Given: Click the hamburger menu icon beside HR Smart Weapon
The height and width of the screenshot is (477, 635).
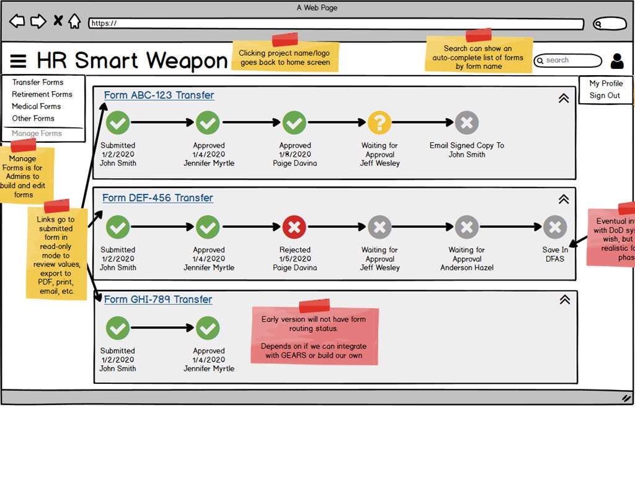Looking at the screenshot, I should [x=19, y=61].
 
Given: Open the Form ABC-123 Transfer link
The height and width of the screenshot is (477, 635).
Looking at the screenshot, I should [x=159, y=95].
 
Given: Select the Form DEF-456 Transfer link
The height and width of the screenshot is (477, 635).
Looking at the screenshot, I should [x=158, y=198].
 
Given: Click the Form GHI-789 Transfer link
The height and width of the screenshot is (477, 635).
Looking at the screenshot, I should [x=158, y=299].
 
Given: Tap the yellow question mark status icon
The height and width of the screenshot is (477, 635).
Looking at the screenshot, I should [x=380, y=122].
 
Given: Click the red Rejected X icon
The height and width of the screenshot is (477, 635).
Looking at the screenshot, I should [x=295, y=227].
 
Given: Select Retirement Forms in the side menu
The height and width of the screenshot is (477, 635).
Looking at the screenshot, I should [x=42, y=94].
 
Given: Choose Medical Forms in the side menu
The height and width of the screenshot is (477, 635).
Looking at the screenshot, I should [x=37, y=106].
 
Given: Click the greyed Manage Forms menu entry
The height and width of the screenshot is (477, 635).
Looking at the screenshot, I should [x=37, y=134].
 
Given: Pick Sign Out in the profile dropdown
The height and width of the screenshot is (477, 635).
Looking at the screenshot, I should [x=605, y=96].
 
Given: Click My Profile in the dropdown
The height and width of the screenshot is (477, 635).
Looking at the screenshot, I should [x=606, y=83].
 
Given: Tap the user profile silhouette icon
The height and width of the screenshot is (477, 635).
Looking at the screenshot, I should [x=617, y=61].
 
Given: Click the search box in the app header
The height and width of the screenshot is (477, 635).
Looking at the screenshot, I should [x=568, y=60].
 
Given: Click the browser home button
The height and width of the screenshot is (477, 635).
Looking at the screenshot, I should [x=74, y=22].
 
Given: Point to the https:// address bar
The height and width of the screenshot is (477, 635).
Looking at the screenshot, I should [x=335, y=24].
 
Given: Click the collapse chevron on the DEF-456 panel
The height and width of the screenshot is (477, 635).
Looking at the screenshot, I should [x=564, y=199].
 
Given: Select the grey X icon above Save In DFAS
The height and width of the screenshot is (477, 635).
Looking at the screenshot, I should [x=554, y=227].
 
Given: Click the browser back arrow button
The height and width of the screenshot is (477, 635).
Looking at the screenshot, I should [x=17, y=22].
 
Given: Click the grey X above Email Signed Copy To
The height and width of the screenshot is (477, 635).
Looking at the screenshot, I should [x=466, y=122].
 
